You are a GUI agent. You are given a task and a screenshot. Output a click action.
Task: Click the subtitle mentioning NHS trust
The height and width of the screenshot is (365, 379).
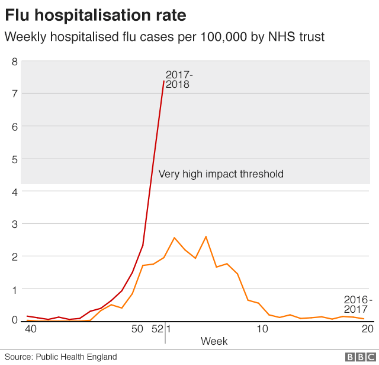pos(165,37)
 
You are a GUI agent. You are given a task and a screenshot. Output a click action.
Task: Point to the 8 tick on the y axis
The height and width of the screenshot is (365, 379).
pos(15,61)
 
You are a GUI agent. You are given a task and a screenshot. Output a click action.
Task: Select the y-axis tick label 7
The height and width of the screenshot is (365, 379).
pos(15,93)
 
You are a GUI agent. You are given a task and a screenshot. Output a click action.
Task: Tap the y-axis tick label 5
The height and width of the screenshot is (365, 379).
pos(15,159)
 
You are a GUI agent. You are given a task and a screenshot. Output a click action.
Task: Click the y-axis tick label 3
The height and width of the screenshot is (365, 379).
pos(15,224)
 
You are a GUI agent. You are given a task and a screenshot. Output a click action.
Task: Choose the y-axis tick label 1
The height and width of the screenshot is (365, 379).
pos(15,289)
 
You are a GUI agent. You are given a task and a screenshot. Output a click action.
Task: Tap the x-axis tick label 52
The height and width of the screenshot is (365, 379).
pos(157,329)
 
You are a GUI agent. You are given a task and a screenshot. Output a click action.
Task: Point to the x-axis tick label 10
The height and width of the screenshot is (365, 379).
pos(261,329)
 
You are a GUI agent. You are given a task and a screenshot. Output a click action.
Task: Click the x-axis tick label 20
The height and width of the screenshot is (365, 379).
pos(367,329)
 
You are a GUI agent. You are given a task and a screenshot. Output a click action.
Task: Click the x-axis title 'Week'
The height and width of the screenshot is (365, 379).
pos(214,341)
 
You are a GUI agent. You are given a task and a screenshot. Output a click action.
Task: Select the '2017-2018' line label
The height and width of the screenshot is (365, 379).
pos(178,80)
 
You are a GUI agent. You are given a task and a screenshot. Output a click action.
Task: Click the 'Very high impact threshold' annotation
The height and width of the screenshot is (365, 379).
pos(220,174)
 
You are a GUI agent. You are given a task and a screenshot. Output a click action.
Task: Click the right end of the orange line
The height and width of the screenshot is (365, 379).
pos(364,319)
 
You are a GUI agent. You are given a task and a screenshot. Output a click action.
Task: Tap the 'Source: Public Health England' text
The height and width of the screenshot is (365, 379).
pos(61,357)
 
